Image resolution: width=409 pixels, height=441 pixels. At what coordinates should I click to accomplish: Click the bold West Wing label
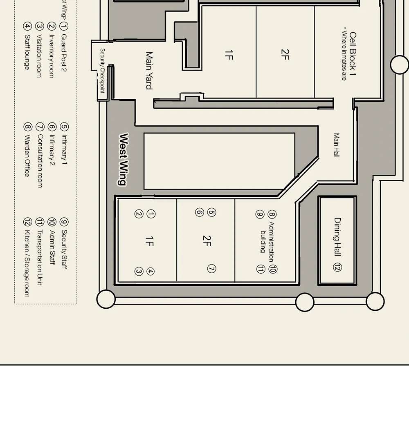tap(124, 160)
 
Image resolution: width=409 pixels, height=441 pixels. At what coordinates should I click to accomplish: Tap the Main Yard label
tap(149, 70)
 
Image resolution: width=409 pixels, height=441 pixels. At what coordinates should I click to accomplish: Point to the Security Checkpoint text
tap(102, 71)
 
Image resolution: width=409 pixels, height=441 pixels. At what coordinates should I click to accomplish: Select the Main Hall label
tap(337, 145)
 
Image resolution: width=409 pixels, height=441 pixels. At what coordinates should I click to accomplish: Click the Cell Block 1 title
tap(353, 54)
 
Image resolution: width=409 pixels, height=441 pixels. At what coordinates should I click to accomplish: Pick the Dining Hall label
tap(337, 237)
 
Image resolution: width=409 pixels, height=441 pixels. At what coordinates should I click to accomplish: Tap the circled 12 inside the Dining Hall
tap(337, 267)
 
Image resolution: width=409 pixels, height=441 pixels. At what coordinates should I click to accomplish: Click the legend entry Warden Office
tap(27, 156)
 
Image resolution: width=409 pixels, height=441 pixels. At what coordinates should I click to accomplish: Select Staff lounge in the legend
tap(27, 52)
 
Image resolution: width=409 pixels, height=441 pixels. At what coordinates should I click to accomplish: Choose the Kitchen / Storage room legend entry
tap(27, 263)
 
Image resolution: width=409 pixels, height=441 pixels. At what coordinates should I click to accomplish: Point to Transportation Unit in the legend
tap(40, 257)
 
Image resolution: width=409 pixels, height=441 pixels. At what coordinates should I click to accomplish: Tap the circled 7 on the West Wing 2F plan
tap(211, 269)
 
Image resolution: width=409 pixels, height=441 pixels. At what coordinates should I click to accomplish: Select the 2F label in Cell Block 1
tap(285, 54)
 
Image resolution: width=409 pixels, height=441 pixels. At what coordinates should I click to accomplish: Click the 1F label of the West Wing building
tap(149, 241)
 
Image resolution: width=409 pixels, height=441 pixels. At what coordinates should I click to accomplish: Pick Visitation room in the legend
tap(39, 56)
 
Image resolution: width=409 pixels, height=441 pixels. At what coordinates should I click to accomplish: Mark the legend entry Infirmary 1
tap(64, 149)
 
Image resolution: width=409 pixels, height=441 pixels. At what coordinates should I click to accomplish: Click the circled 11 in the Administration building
tap(261, 269)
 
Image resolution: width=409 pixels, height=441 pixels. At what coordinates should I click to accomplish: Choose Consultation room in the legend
tap(40, 161)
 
